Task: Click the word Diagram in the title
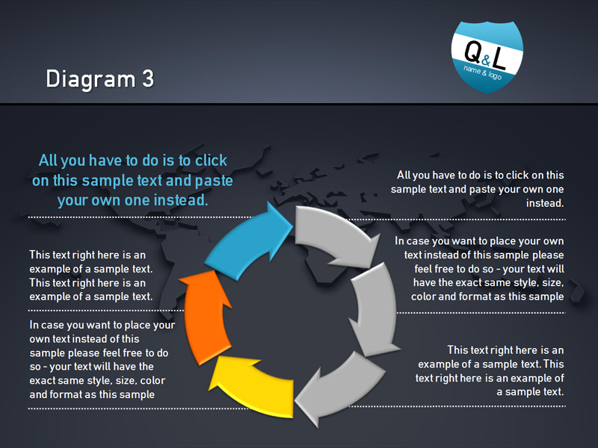(x=90, y=80)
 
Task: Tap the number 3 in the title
(x=148, y=78)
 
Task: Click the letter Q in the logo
(x=472, y=51)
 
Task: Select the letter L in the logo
(x=499, y=58)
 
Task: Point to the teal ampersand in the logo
(x=485, y=60)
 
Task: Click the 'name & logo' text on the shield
(x=482, y=72)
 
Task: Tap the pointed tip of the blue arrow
(x=292, y=225)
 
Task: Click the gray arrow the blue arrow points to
(x=336, y=234)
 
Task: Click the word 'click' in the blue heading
(x=211, y=161)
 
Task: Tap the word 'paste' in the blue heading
(x=214, y=181)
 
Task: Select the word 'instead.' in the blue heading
(x=181, y=200)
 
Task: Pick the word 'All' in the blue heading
(x=48, y=161)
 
